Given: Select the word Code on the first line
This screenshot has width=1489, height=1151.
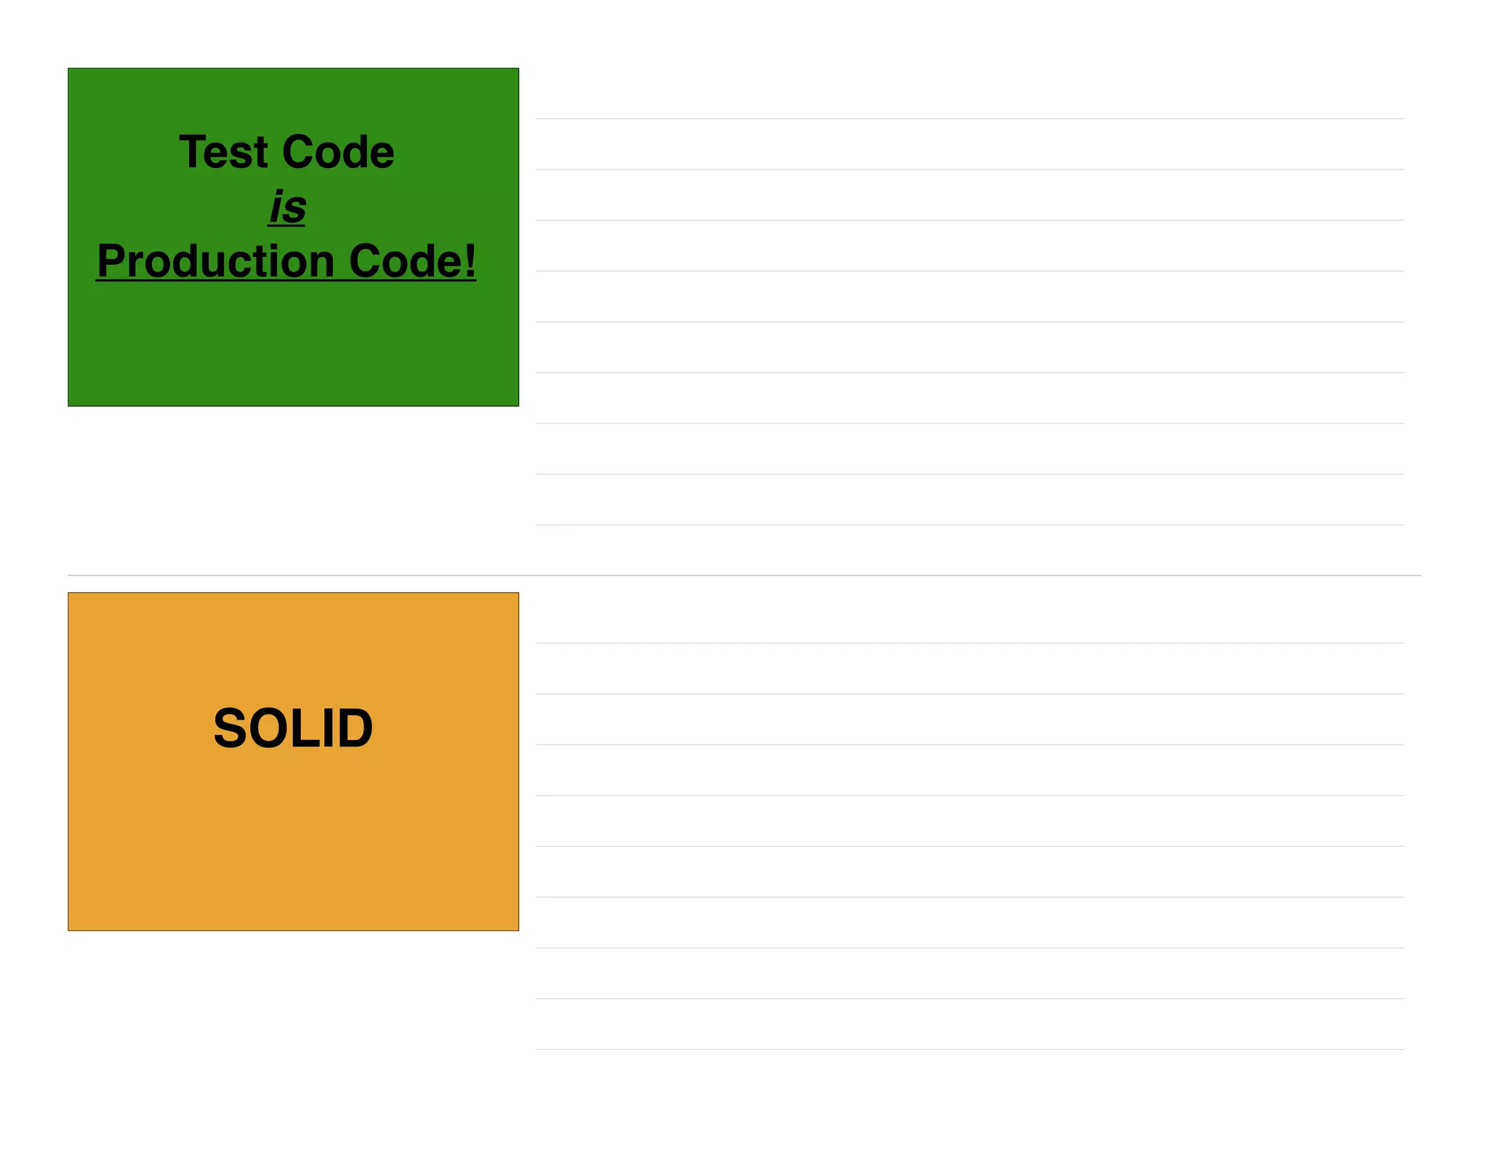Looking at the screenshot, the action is click(x=338, y=153).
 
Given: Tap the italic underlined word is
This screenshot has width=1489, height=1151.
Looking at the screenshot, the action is click(x=287, y=207).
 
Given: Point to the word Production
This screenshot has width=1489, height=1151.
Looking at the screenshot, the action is click(x=215, y=261).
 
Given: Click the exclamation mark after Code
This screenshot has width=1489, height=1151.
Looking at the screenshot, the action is click(x=470, y=260).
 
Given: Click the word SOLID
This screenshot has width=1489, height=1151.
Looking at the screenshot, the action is click(x=293, y=728).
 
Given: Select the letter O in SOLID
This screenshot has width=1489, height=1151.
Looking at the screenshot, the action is click(x=269, y=728).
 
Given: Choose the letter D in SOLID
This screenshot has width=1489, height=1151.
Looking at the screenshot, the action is click(x=353, y=728).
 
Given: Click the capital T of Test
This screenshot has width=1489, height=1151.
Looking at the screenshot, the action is click(x=192, y=153).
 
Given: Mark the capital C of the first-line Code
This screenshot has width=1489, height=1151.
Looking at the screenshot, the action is click(x=298, y=153).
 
